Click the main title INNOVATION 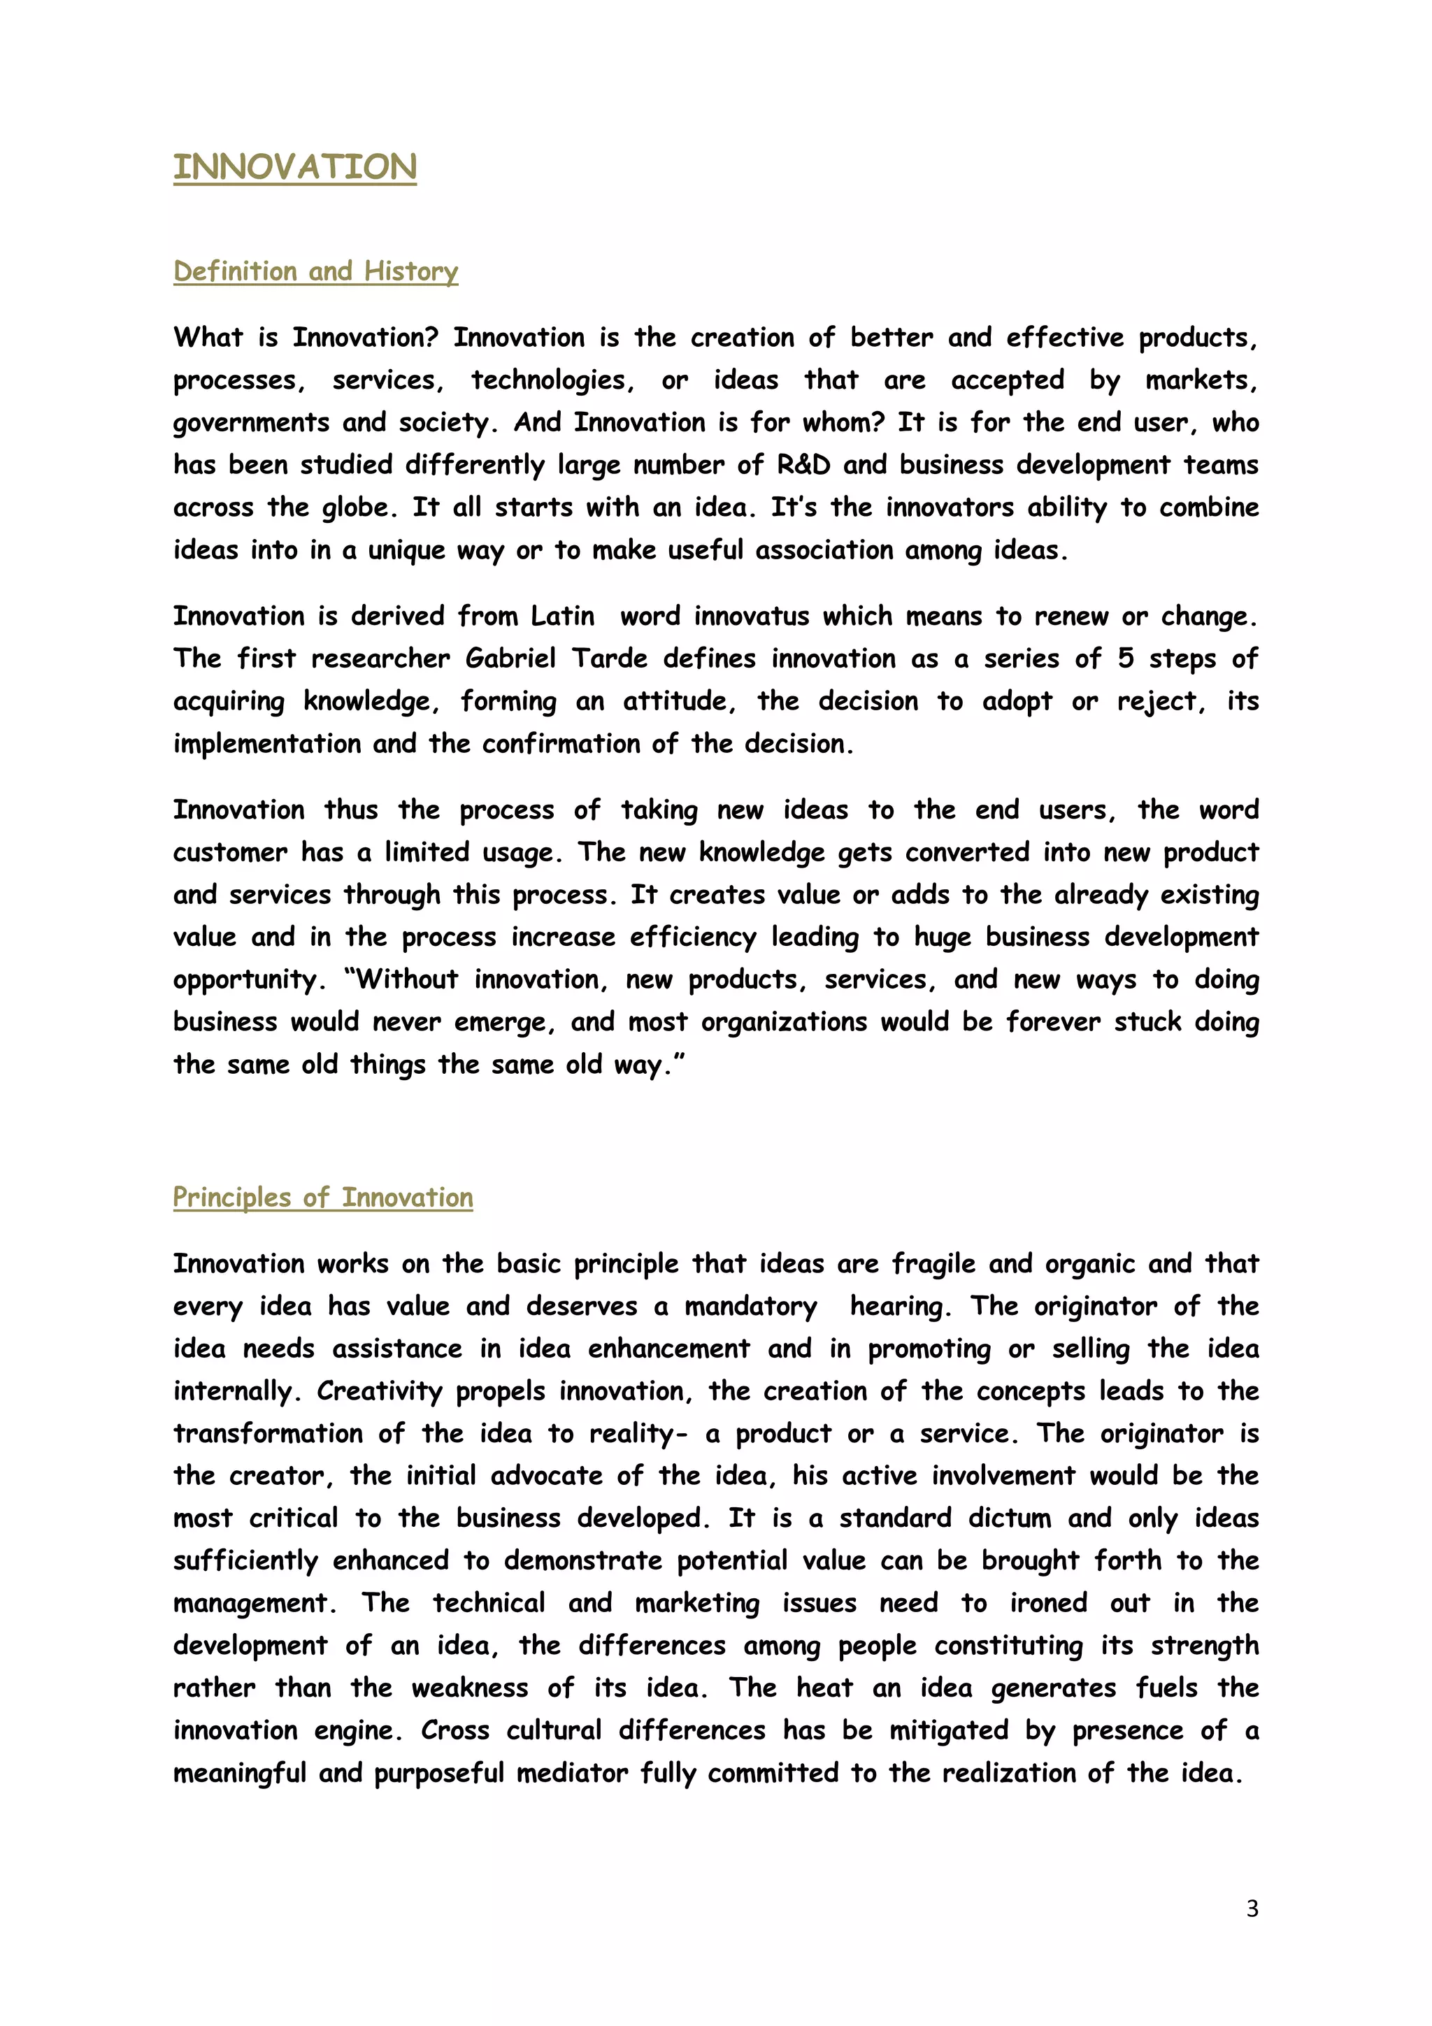(x=294, y=167)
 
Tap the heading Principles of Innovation (x=323, y=1198)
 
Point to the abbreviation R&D (x=804, y=465)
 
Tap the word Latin (x=563, y=616)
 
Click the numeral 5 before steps (x=1125, y=659)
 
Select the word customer (x=230, y=852)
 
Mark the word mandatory (x=751, y=1307)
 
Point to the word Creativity (x=380, y=1391)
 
